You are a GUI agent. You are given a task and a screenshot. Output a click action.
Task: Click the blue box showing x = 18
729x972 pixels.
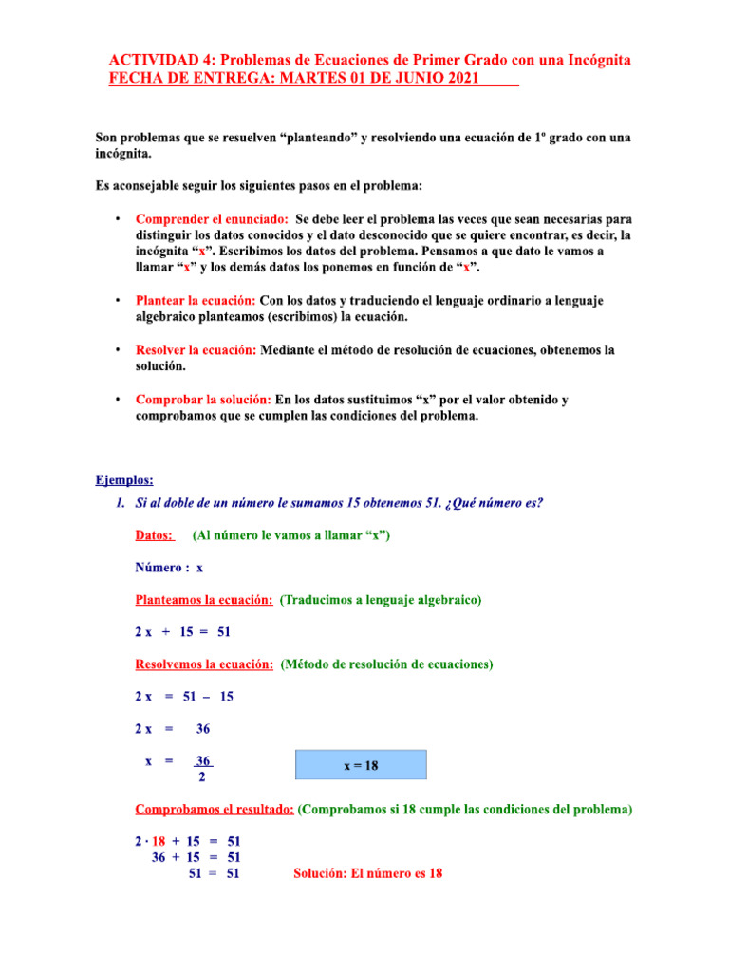pyautogui.click(x=361, y=765)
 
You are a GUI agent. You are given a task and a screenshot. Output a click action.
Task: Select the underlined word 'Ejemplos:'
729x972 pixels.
pyautogui.click(x=124, y=480)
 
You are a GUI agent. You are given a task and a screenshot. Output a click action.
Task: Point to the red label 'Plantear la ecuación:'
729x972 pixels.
pyautogui.click(x=196, y=301)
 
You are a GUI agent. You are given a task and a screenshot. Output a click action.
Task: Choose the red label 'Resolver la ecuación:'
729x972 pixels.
pyautogui.click(x=196, y=350)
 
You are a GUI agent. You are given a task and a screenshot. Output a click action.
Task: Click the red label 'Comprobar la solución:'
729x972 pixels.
pyautogui.click(x=203, y=401)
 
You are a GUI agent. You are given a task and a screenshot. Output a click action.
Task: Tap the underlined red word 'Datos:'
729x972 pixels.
pyautogui.click(x=155, y=535)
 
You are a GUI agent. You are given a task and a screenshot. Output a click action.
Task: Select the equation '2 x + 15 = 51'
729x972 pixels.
pyautogui.click(x=182, y=631)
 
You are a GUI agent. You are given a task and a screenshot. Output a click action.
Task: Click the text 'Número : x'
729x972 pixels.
pyautogui.click(x=168, y=568)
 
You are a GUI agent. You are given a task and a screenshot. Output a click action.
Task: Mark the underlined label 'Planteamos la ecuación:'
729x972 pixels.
pyautogui.click(x=204, y=600)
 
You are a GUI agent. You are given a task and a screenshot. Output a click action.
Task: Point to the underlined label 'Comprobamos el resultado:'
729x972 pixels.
pyautogui.click(x=215, y=810)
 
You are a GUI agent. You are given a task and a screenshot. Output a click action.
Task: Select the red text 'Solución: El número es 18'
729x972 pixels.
pyautogui.click(x=367, y=873)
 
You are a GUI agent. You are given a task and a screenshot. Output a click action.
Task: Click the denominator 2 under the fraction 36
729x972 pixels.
pyautogui.click(x=202, y=778)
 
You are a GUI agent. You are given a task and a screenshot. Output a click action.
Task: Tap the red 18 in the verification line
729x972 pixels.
pyautogui.click(x=159, y=841)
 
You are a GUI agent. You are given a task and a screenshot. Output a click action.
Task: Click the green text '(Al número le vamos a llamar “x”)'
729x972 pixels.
pyautogui.click(x=290, y=535)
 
